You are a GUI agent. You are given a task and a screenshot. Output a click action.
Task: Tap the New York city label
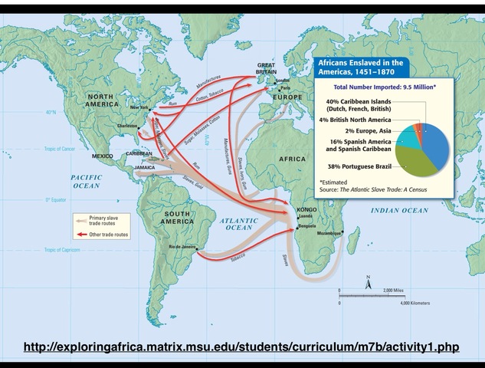tap(139, 107)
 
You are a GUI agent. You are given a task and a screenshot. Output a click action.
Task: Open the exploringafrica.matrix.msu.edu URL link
tap(241, 347)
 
